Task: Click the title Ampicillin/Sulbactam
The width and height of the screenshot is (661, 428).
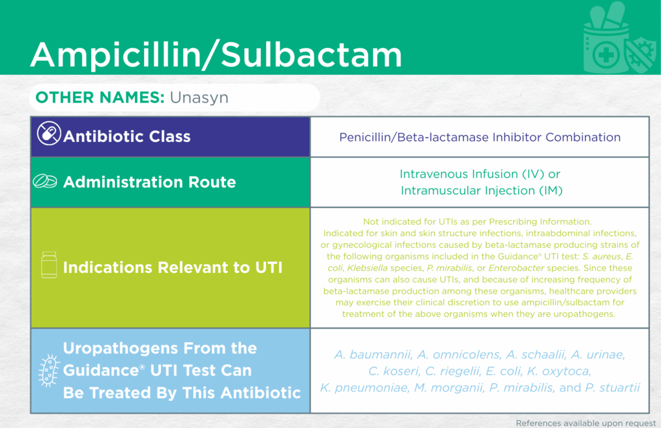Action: [x=216, y=54]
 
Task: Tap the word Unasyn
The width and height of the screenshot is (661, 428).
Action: [x=199, y=98]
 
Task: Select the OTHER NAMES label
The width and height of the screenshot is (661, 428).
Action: [x=100, y=97]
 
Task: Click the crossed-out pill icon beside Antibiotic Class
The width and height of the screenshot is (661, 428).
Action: [x=49, y=133]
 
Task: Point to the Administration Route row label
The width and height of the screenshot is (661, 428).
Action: [x=150, y=182]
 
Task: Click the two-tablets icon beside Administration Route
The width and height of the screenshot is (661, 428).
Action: [x=45, y=181]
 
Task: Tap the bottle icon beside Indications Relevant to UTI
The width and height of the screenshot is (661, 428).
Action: [x=49, y=265]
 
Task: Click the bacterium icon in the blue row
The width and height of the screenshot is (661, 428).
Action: [x=48, y=371]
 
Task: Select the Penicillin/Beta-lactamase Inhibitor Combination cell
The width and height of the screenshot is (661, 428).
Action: [x=480, y=137]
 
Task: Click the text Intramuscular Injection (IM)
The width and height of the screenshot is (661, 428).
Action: [x=482, y=190]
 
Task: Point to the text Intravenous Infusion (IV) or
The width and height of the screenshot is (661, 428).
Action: [x=480, y=174]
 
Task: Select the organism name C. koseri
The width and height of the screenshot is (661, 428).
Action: [x=394, y=371]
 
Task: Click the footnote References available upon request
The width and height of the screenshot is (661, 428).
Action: [x=586, y=423]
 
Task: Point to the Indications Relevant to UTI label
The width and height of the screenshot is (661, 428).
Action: [x=172, y=267]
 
